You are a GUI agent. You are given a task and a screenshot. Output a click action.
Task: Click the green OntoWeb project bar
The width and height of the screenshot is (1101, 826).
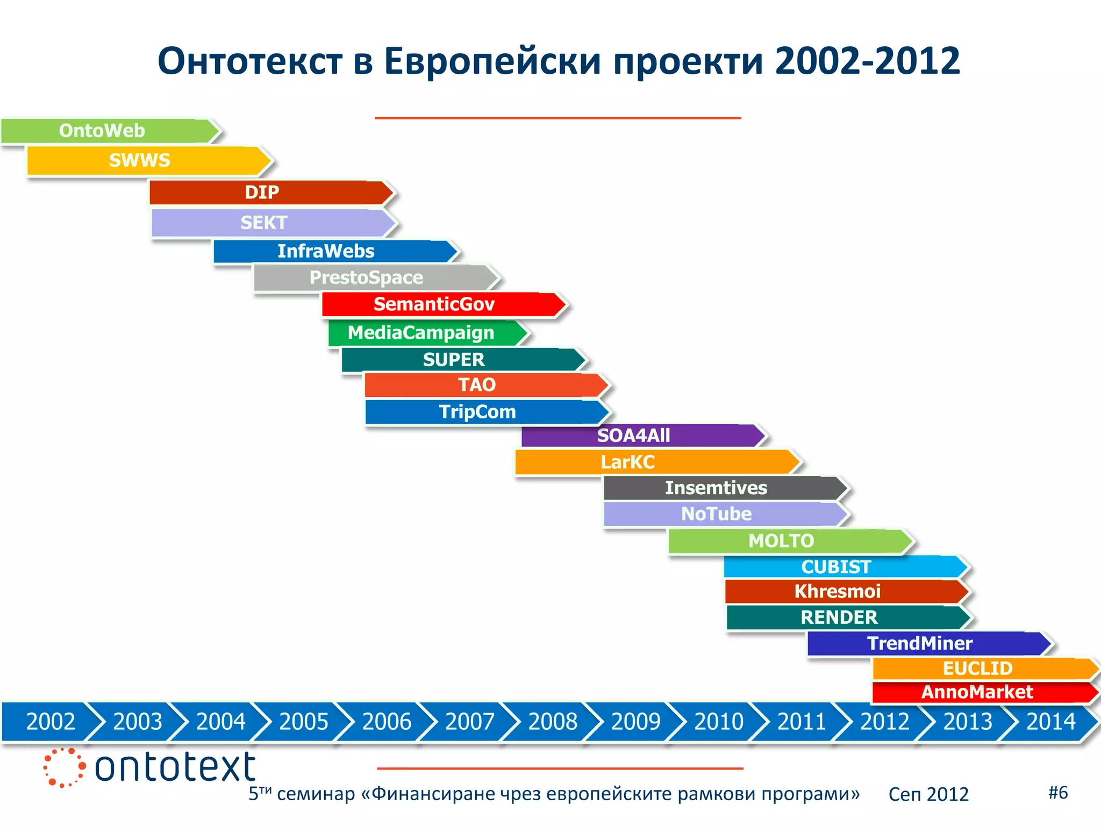[108, 131]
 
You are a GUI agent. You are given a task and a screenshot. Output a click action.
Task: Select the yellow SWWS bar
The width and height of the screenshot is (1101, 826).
[145, 160]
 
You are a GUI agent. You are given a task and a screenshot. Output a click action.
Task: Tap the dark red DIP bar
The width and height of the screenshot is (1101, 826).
[269, 193]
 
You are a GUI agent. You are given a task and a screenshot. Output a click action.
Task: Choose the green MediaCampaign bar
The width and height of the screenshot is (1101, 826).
[425, 333]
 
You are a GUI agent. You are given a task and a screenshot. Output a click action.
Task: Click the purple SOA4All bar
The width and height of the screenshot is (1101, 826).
[640, 436]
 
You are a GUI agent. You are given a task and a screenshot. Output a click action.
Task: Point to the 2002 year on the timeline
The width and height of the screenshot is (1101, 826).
[51, 722]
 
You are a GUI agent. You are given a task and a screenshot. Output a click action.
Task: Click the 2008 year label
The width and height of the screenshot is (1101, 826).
[553, 722]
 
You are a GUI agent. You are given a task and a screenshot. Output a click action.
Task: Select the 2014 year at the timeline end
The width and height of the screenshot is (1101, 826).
[1050, 722]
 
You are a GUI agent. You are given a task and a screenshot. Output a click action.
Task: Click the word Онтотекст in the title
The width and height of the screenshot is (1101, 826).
[250, 61]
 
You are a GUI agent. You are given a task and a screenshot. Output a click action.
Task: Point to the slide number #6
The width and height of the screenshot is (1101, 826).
[1058, 792]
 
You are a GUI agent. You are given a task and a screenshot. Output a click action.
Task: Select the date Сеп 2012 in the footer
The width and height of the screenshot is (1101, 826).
[928, 794]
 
